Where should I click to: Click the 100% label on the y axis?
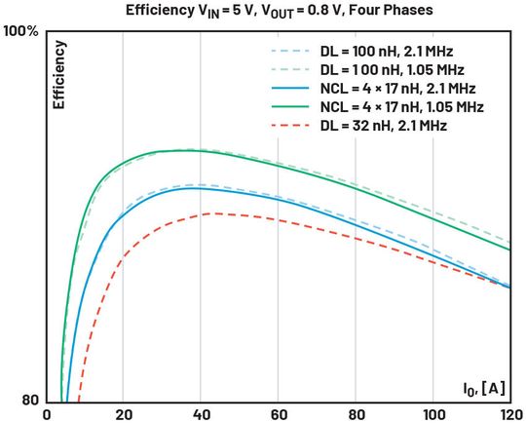tap(19, 31)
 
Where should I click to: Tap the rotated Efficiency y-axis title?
tap(59, 74)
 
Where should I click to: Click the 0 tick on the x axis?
tap(46, 413)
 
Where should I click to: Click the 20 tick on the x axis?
tap(123, 413)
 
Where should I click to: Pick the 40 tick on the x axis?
tap(200, 413)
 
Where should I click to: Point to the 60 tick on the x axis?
tap(278, 413)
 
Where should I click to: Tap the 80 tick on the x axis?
tap(355, 413)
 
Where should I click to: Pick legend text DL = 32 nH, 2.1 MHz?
tap(386, 125)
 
